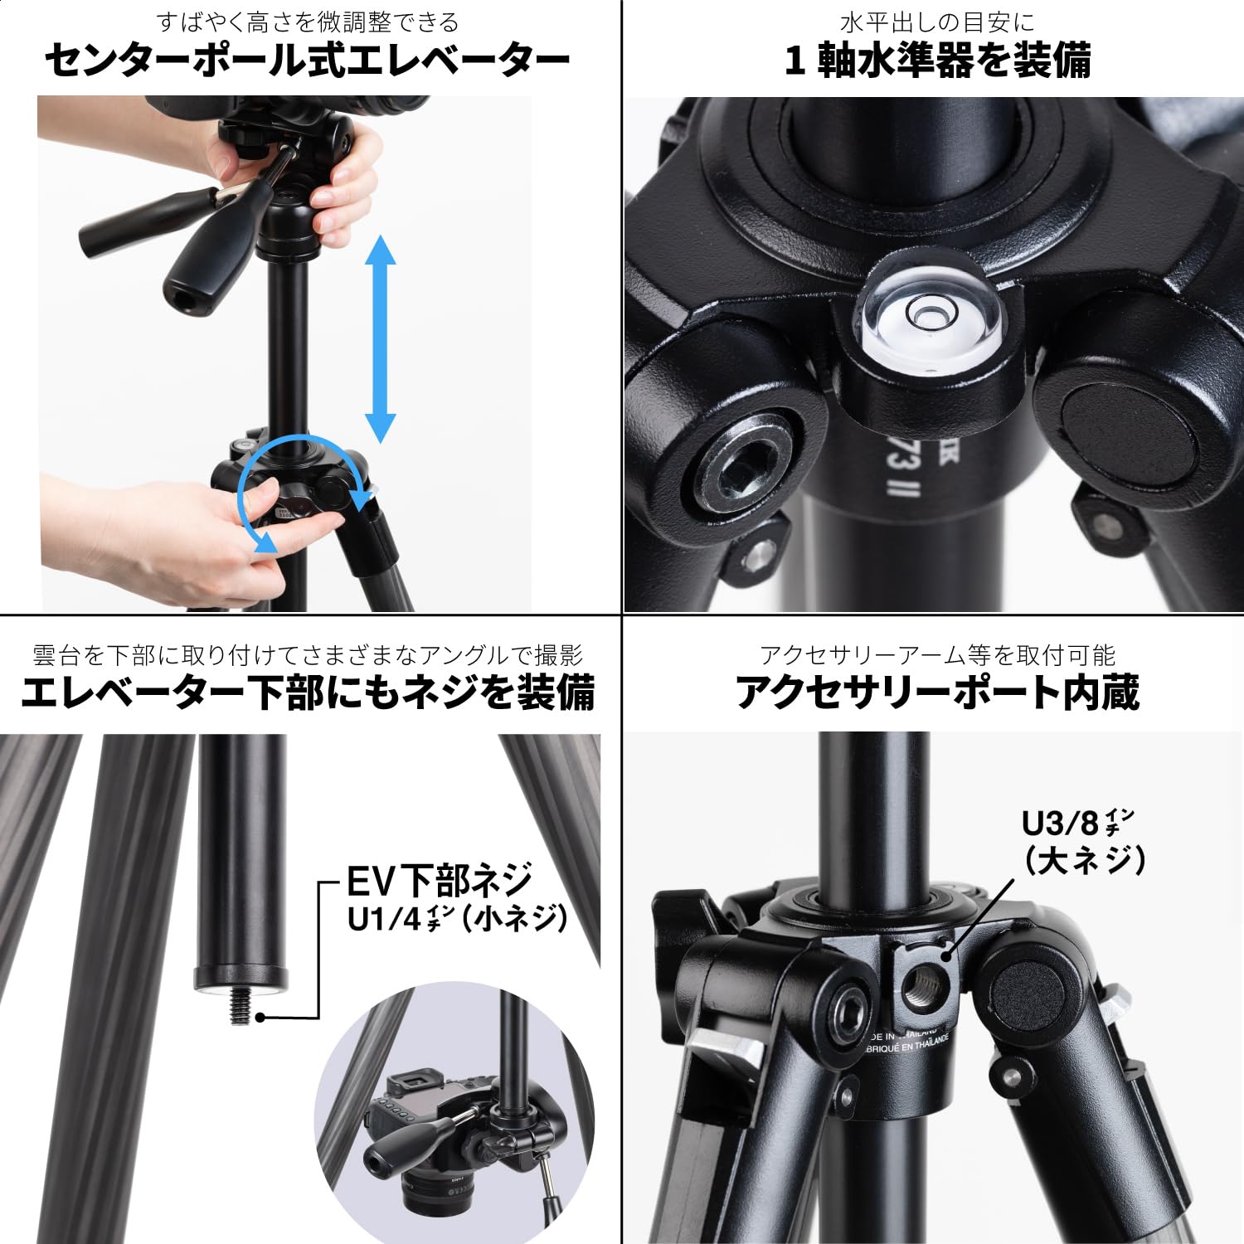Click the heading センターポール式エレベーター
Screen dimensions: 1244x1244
click(307, 61)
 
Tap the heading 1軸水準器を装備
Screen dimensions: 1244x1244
click(937, 61)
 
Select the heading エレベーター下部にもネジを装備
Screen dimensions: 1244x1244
click(307, 693)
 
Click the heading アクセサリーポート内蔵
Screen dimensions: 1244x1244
click(937, 693)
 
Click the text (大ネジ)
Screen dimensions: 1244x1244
click(1085, 860)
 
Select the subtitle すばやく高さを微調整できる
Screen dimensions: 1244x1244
click(307, 22)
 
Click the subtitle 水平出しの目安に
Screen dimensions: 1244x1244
click(937, 22)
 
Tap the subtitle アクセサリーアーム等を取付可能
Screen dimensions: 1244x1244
click(937, 655)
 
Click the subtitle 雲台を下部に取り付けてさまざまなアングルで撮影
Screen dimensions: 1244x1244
click(307, 655)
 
